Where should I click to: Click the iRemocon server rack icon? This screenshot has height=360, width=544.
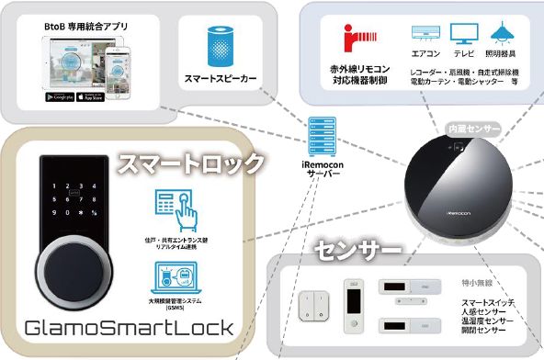point(321,136)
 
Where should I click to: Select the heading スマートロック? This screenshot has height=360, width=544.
point(190,165)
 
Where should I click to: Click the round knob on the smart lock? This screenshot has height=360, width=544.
point(78,274)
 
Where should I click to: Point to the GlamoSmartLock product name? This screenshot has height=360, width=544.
point(129,328)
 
